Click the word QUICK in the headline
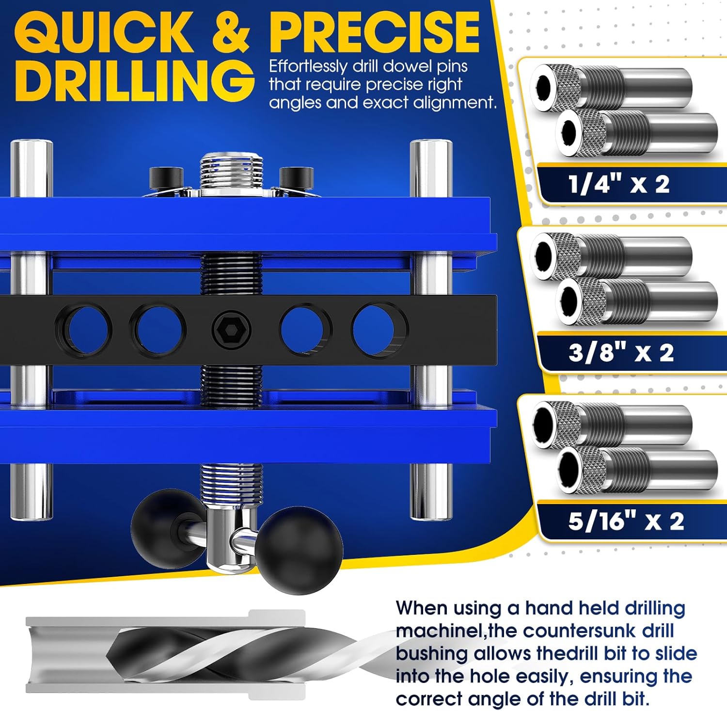point(103,32)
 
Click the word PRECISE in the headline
point(375,32)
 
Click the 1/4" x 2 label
point(619,185)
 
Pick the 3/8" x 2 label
point(621,352)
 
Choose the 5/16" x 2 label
point(626,521)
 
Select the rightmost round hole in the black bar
point(379,329)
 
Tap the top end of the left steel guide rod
point(32,145)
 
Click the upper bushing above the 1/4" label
point(611,88)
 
